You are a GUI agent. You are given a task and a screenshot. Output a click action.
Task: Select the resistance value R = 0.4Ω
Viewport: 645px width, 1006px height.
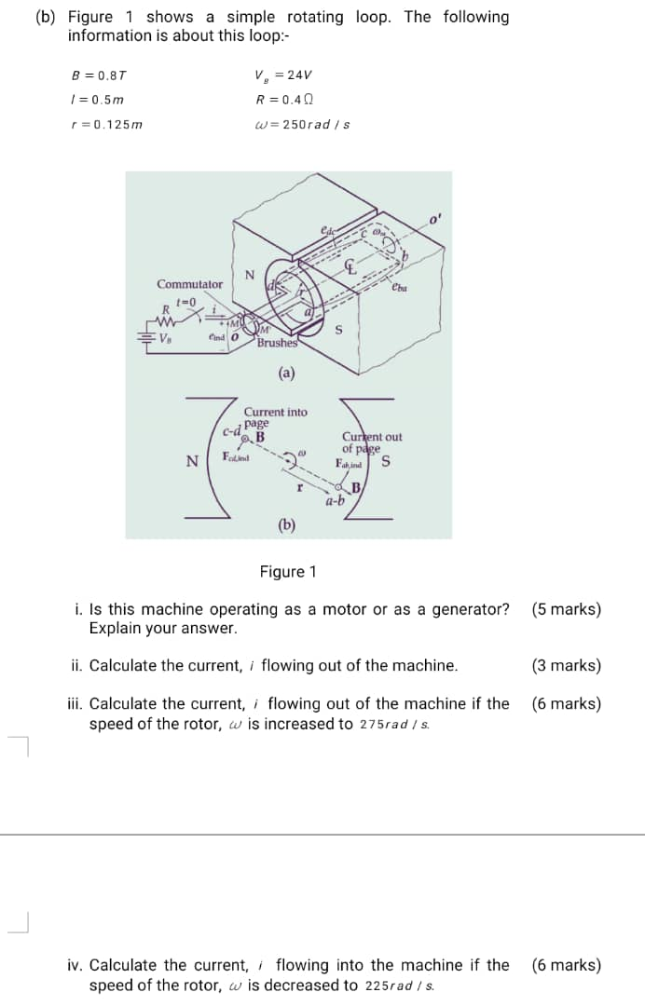[x=284, y=101]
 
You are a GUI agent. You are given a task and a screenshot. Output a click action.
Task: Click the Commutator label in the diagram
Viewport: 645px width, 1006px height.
[x=190, y=284]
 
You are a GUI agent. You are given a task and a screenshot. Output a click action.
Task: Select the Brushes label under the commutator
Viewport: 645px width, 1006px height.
[x=277, y=343]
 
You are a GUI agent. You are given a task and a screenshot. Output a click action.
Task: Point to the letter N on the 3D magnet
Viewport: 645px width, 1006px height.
[x=249, y=274]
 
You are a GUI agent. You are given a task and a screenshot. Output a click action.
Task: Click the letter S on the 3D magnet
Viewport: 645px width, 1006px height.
[x=338, y=329]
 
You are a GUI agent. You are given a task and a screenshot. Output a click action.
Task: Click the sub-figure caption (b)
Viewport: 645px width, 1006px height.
[x=287, y=524]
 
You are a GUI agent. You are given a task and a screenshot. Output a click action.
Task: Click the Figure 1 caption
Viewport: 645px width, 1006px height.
[x=288, y=571]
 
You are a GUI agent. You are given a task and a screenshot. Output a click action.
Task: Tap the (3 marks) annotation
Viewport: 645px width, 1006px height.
[x=566, y=666]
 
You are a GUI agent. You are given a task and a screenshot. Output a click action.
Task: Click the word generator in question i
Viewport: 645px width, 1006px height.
[x=473, y=610]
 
